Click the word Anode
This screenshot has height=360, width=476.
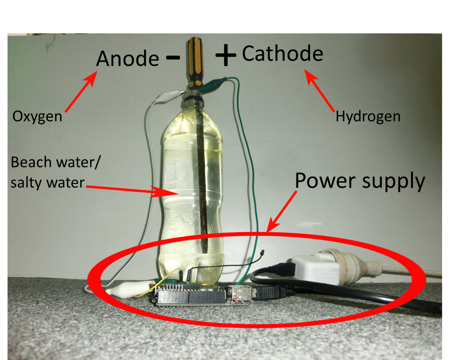[128, 59]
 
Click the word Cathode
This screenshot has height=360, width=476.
[282, 54]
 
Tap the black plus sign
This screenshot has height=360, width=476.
[226, 55]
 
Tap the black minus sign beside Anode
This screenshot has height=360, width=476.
[173, 58]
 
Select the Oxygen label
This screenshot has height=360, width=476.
[37, 117]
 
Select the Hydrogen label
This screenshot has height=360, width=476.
[368, 117]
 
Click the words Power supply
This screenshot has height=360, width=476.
[360, 181]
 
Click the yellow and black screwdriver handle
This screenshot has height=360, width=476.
[195, 62]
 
